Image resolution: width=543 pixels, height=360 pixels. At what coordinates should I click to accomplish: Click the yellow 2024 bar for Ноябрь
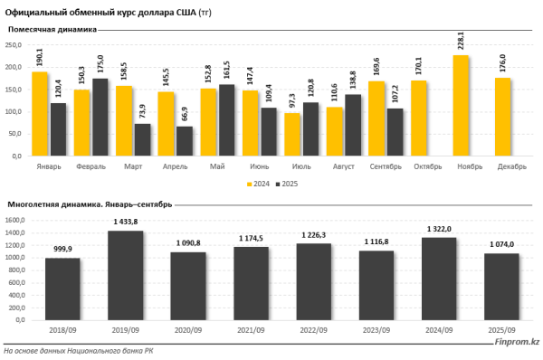tap(461, 106)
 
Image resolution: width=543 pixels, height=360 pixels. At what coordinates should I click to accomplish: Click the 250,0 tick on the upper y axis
tap(14, 44)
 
